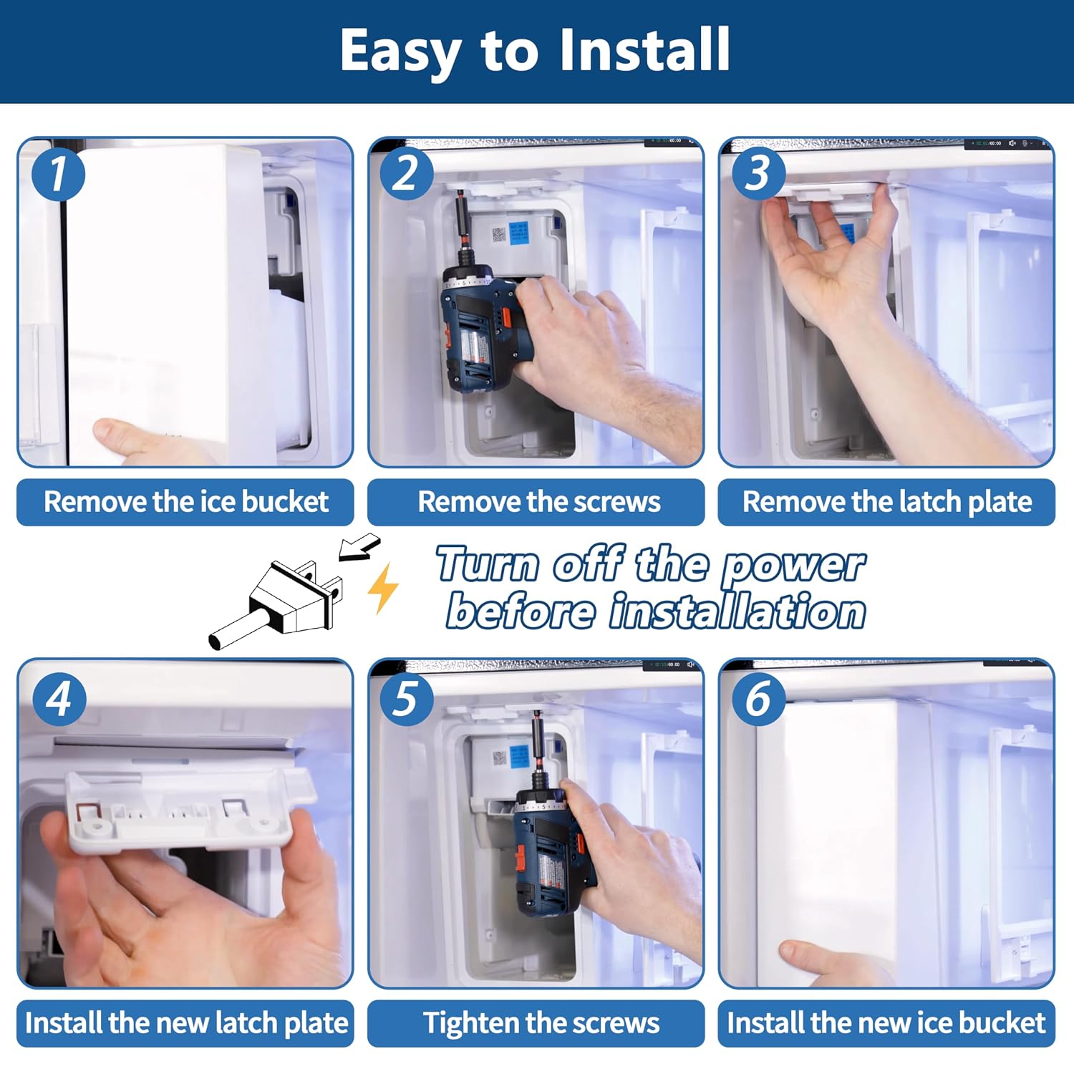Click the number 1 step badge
[x=59, y=175]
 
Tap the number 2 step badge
[x=407, y=174]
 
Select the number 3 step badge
[x=758, y=174]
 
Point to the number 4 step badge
[x=59, y=699]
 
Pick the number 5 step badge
[x=407, y=699]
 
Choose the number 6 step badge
[x=758, y=699]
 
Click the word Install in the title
[x=644, y=49]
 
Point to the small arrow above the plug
[x=359, y=548]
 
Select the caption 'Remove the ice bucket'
[x=186, y=502]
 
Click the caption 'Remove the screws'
[x=539, y=502]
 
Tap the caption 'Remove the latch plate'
[x=887, y=503]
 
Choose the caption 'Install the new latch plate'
[x=186, y=1024]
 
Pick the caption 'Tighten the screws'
[x=541, y=1024]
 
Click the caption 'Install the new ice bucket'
[x=886, y=1023]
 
